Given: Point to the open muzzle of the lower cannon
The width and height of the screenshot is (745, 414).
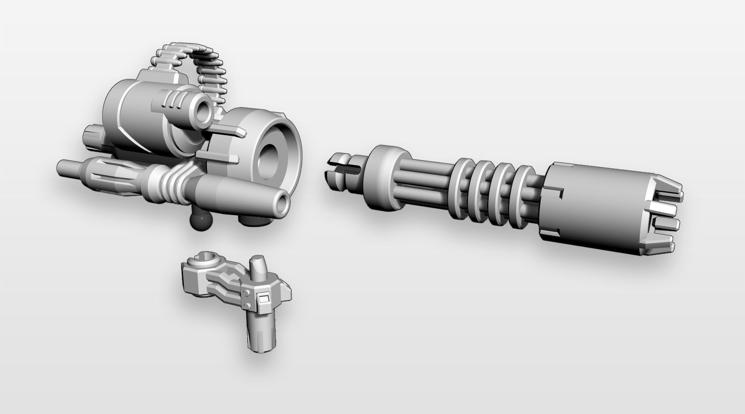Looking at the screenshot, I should click(283, 204).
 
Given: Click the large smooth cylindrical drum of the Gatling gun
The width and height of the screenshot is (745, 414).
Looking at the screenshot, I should click(592, 207).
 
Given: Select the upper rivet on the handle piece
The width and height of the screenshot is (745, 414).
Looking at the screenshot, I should click(247, 293).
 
